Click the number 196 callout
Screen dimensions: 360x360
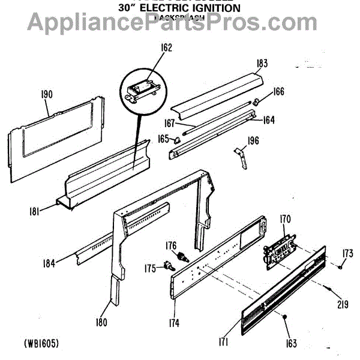(x=253, y=142)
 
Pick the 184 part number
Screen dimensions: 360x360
(x=50, y=262)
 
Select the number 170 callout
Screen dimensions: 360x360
(x=284, y=219)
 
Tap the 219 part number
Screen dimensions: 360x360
(x=342, y=304)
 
